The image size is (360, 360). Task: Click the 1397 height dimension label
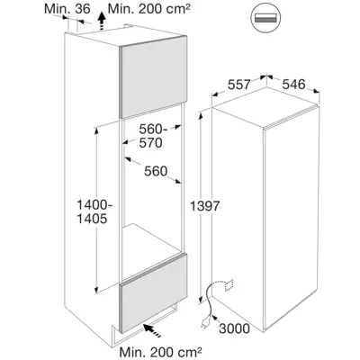[205, 206]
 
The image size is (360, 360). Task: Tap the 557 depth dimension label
[238, 85]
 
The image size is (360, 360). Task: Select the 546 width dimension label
[293, 85]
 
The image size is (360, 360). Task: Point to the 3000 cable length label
[234, 328]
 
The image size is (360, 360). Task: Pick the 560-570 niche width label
[152, 136]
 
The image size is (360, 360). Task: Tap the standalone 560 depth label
[156, 171]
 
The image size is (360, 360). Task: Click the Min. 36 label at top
[67, 9]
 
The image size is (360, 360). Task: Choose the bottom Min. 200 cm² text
[160, 351]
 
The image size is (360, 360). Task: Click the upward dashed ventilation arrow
[103, 21]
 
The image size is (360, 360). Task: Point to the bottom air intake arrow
[153, 330]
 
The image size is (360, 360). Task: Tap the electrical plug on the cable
[203, 322]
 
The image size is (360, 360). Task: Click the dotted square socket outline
[229, 285]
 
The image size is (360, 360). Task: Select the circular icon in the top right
[265, 18]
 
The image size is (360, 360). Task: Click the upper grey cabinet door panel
[154, 76]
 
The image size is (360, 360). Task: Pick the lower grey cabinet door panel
[153, 292]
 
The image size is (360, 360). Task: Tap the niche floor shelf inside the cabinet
[152, 238]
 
